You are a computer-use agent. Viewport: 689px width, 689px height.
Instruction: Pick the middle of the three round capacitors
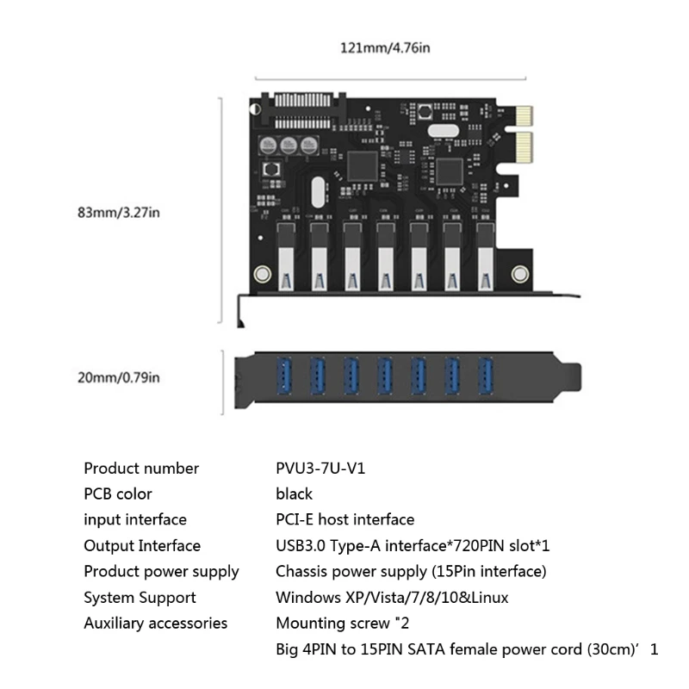point(294,146)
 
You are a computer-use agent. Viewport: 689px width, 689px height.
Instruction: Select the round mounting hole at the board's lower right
point(519,275)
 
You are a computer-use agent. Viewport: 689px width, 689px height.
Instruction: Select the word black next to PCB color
point(294,494)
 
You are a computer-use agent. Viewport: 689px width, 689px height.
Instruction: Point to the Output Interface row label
point(142,546)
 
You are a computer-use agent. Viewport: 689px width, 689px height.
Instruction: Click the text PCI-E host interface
point(344,520)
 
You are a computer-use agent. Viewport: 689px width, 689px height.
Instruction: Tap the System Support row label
point(140,598)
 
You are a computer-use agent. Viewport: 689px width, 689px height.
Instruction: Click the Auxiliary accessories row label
point(155,624)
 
